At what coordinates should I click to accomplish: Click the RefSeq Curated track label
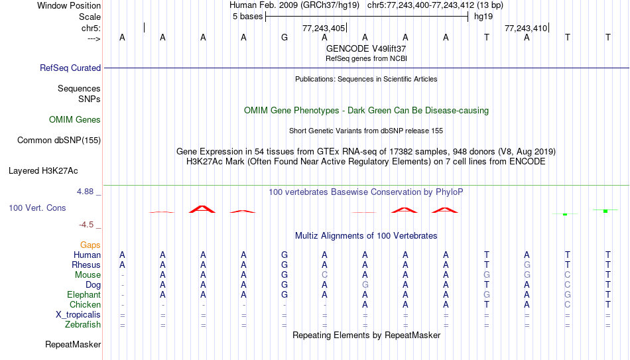click(70, 68)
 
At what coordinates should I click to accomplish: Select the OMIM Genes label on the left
click(75, 120)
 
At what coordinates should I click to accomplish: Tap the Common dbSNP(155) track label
click(59, 141)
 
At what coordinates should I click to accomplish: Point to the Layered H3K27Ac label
click(43, 171)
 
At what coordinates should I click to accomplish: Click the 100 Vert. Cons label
click(37, 208)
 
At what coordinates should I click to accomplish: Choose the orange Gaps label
click(90, 245)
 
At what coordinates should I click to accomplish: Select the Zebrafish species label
click(83, 325)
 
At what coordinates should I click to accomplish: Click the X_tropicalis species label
click(78, 315)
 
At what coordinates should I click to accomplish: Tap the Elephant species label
click(84, 295)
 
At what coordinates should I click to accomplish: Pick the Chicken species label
click(85, 304)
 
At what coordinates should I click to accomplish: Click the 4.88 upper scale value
click(85, 192)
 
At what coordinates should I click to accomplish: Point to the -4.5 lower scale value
click(86, 225)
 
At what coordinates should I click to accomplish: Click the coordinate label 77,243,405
click(324, 28)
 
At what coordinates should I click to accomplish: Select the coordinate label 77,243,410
click(526, 28)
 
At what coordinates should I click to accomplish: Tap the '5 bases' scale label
click(247, 17)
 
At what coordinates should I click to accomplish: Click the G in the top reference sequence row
click(284, 37)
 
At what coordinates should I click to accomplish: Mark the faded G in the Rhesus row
click(527, 265)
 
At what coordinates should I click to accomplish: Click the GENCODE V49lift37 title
click(366, 48)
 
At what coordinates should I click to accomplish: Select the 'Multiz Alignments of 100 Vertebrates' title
click(366, 236)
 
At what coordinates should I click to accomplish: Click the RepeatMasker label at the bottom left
click(73, 344)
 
